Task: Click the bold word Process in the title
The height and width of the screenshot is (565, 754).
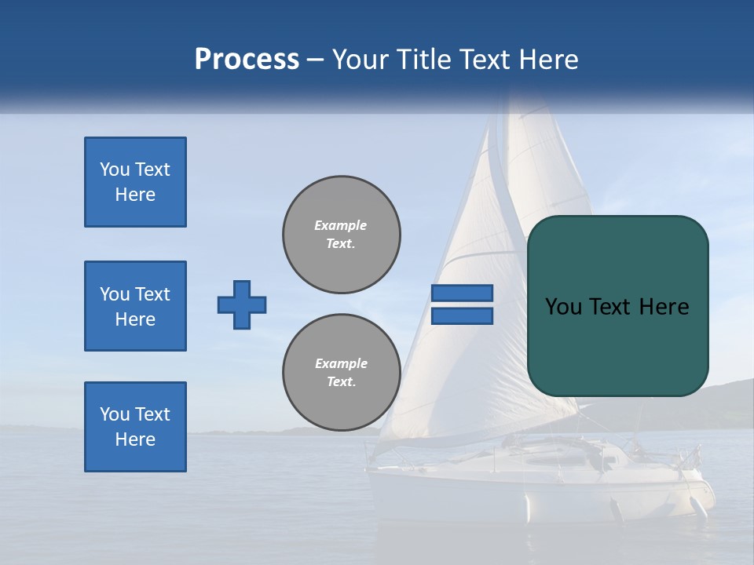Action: (x=247, y=60)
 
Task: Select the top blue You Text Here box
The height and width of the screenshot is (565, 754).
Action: (x=135, y=182)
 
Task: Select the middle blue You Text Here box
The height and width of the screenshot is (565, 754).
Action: (x=135, y=306)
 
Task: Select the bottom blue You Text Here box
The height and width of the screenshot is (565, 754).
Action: (x=135, y=427)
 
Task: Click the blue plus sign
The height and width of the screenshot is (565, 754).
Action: (x=242, y=304)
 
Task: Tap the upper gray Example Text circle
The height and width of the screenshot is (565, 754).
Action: (x=342, y=235)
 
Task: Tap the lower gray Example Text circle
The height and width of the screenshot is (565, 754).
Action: (x=342, y=373)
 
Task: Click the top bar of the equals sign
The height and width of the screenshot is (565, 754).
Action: (x=462, y=293)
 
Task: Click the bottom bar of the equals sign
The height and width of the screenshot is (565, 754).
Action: (x=462, y=315)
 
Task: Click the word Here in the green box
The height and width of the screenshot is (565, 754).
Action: (x=664, y=307)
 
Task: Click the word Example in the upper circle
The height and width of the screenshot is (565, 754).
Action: (x=341, y=225)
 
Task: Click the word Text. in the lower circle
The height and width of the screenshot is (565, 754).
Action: (x=341, y=382)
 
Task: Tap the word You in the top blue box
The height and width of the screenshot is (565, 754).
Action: (x=115, y=169)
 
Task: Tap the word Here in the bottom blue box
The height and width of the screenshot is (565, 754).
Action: (x=135, y=439)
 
